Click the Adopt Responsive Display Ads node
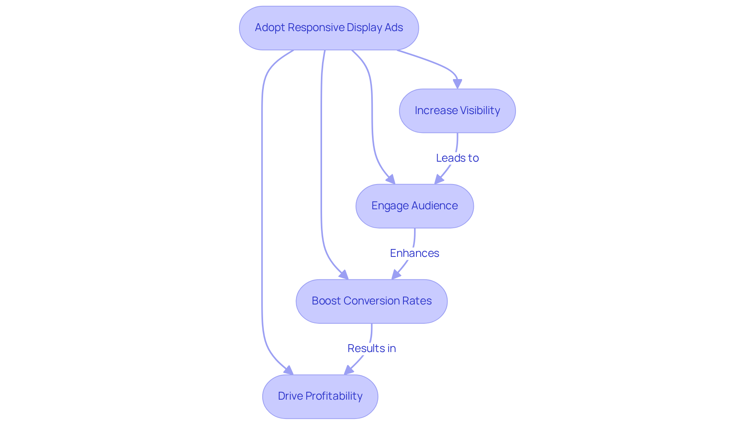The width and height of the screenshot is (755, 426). (329, 28)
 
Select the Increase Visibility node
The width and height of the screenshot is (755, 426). (457, 111)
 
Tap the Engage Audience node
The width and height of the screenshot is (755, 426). (414, 206)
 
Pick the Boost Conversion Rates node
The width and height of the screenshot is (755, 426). (372, 301)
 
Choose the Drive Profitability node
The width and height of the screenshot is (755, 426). (320, 396)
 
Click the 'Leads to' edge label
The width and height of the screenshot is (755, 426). (457, 158)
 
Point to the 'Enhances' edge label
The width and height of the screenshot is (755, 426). (414, 253)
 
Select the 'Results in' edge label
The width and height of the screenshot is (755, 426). (372, 349)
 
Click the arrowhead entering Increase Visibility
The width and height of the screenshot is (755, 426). (457, 84)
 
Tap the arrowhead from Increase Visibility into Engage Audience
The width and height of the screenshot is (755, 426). (439, 179)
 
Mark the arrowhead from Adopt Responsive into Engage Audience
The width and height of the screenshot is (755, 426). (390, 179)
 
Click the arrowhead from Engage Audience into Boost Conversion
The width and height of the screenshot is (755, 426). (396, 275)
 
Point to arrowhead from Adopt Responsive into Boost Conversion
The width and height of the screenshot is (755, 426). (344, 275)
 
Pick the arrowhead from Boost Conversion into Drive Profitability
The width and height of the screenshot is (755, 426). (349, 370)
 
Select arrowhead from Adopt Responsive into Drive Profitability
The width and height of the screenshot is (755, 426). (289, 370)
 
